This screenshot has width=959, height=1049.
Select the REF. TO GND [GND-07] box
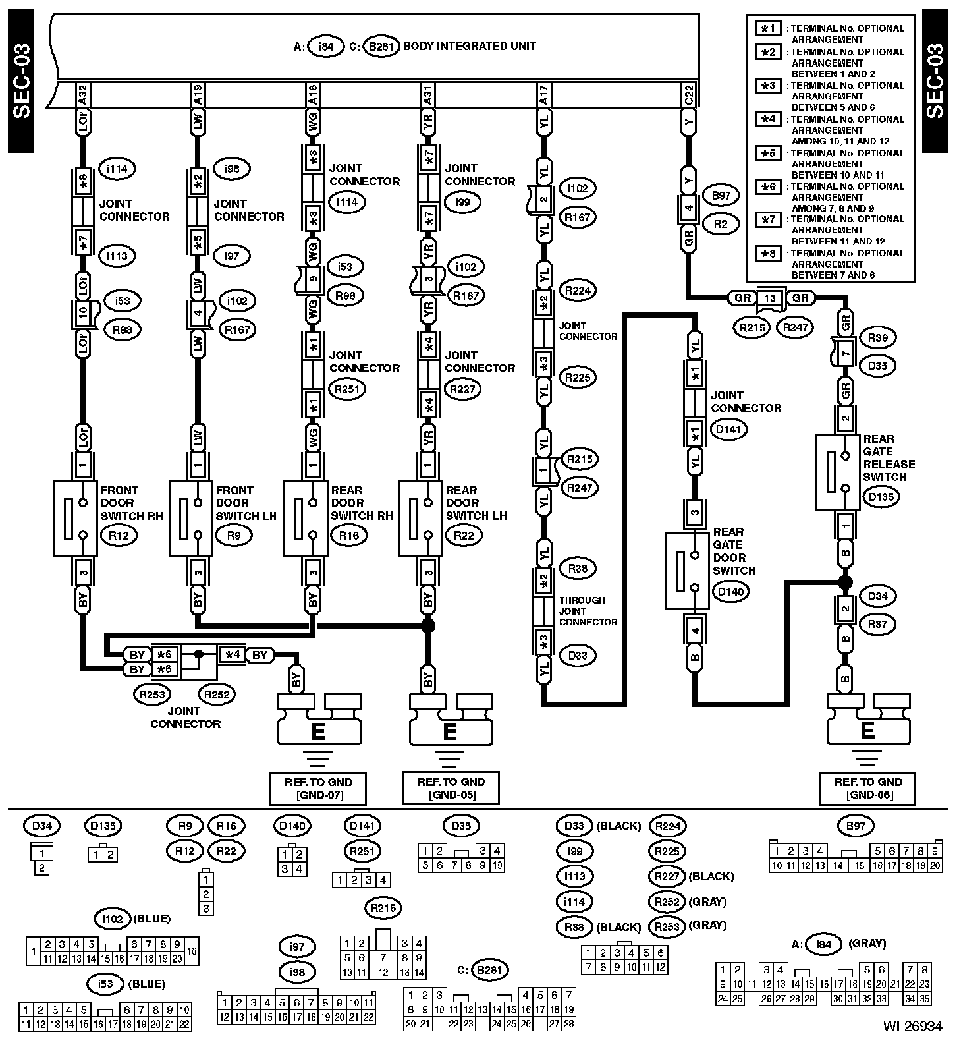click(x=317, y=788)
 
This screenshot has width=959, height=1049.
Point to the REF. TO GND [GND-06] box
click(x=867, y=788)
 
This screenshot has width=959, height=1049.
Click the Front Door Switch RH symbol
click(x=74, y=518)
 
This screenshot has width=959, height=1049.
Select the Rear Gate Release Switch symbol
click(x=837, y=471)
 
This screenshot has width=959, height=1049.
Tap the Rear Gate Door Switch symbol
click(x=687, y=571)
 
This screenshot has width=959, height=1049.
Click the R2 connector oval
click(x=721, y=224)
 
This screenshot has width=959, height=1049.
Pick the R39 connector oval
click(x=877, y=338)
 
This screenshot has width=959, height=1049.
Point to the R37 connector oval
click(x=877, y=623)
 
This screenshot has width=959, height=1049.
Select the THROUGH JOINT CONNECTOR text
click(x=588, y=611)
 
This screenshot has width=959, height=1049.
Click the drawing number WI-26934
click(x=913, y=1026)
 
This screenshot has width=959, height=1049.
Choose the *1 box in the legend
click(x=768, y=28)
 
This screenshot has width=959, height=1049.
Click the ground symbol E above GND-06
click(x=867, y=731)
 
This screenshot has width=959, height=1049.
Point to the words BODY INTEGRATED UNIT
click(x=469, y=46)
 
